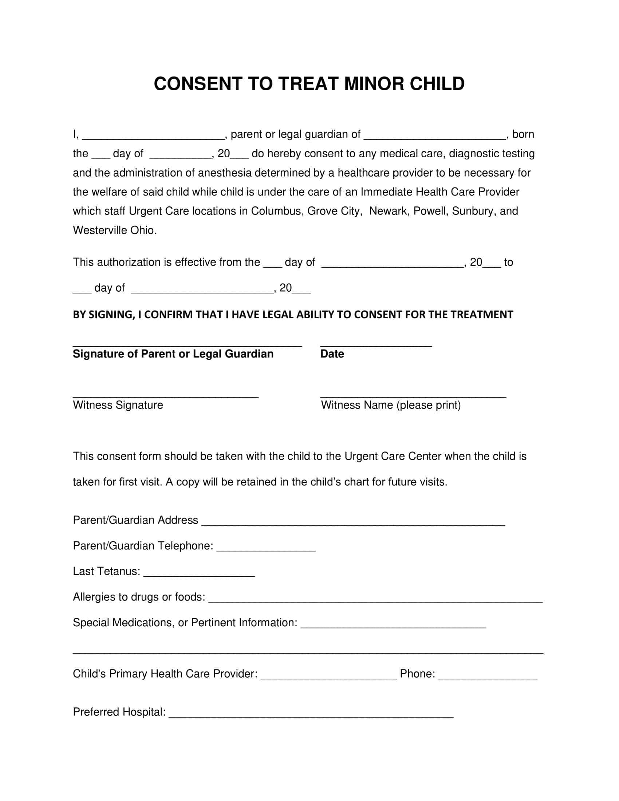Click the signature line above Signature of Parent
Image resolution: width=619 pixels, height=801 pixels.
coord(187,344)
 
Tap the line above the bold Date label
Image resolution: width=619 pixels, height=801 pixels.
coord(376,344)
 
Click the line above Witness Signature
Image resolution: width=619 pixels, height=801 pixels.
coord(166,395)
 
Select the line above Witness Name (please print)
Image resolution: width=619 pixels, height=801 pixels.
coord(413,395)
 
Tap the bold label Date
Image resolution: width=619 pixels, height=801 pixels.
coord(332,354)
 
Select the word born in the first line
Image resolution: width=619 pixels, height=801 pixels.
coord(523,134)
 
